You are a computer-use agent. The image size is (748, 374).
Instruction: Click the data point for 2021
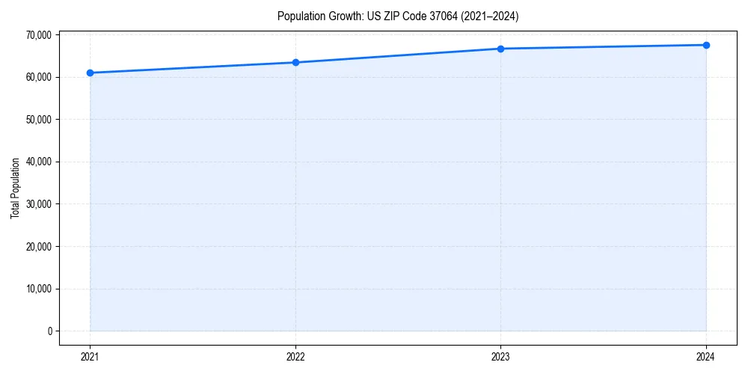pyautogui.click(x=90, y=73)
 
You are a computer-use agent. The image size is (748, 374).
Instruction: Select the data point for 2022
pyautogui.click(x=295, y=62)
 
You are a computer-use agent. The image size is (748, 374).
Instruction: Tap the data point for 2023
pyautogui.click(x=500, y=49)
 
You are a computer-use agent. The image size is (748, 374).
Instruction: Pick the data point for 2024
pyautogui.click(x=706, y=45)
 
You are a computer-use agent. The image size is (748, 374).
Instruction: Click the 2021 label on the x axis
pyautogui.click(x=90, y=356)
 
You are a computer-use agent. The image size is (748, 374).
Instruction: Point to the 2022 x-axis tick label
pyautogui.click(x=295, y=356)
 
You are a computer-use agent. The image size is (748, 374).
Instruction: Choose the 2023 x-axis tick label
pyautogui.click(x=500, y=356)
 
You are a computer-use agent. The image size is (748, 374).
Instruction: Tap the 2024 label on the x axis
pyautogui.click(x=706, y=356)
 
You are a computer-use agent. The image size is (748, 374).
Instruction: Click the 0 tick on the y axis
pyautogui.click(x=49, y=331)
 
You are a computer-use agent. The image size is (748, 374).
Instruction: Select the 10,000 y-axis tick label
pyautogui.click(x=38, y=289)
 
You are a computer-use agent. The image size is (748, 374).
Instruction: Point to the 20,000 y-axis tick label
pyautogui.click(x=38, y=246)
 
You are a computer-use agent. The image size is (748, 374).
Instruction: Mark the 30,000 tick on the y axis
pyautogui.click(x=38, y=204)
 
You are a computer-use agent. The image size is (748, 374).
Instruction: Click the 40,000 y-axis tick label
pyautogui.click(x=38, y=162)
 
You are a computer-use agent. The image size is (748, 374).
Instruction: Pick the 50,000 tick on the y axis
pyautogui.click(x=38, y=119)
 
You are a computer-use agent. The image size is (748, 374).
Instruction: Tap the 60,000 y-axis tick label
pyautogui.click(x=38, y=77)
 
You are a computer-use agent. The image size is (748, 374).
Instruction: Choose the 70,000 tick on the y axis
pyautogui.click(x=38, y=34)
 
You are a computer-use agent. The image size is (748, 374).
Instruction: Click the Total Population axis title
pyautogui.click(x=15, y=188)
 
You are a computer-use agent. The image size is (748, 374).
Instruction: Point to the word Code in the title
pyautogui.click(x=408, y=16)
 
